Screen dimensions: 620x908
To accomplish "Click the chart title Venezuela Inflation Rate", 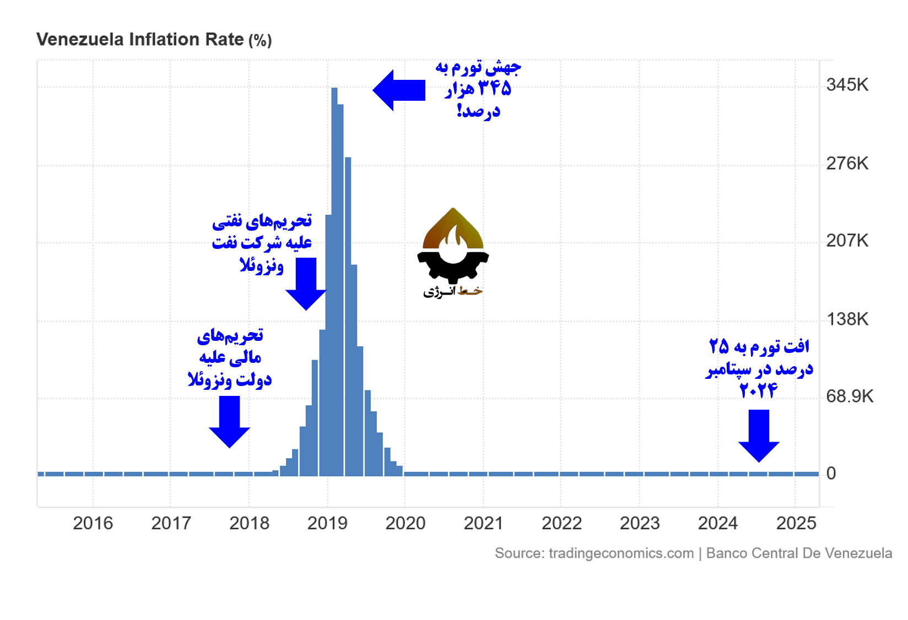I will tap(140, 40).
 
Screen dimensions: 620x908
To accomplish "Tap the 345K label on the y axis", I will tap(847, 85).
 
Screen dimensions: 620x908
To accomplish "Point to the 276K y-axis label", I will tap(847, 164).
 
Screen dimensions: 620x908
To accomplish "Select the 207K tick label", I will tap(847, 241).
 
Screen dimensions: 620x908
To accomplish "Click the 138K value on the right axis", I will tap(847, 319).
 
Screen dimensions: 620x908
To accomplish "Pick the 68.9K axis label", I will tap(849, 396).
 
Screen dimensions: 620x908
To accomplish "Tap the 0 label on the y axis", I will tap(831, 474).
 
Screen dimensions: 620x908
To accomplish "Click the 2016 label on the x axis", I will tap(93, 523).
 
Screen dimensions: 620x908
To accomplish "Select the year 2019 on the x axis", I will tap(327, 523).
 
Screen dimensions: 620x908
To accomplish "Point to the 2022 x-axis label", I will tap(561, 523).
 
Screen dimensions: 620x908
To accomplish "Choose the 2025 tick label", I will tap(796, 523).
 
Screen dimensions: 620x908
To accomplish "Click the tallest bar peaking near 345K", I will tap(334, 275).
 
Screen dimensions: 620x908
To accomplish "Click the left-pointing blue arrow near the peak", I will tap(398, 90).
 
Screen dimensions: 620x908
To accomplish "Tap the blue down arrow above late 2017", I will tap(229, 421).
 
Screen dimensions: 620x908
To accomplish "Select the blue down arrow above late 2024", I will tap(759, 435).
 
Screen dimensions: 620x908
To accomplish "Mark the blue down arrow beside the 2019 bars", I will tap(306, 283).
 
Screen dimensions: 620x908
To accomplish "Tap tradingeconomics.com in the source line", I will tap(621, 553).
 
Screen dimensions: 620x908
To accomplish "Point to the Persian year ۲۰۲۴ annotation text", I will tap(758, 390).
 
